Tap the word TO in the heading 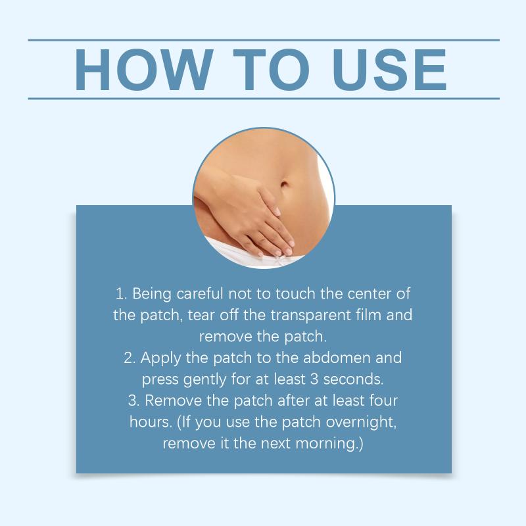(x=271, y=70)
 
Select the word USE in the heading (x=390, y=70)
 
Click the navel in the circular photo (x=284, y=185)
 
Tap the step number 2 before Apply (x=129, y=358)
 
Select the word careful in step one (x=200, y=293)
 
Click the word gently (x=205, y=380)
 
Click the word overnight (x=361, y=422)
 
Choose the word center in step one (x=370, y=294)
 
